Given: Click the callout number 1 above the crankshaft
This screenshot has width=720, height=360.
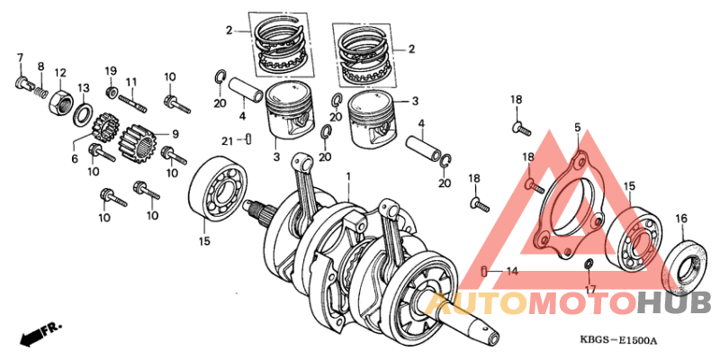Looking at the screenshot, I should pos(348,176).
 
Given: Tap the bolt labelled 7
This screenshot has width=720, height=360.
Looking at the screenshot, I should pos(21,84).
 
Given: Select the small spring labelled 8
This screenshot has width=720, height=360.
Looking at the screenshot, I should pos(40,89).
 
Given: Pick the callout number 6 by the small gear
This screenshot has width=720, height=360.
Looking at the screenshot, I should pos(75,158).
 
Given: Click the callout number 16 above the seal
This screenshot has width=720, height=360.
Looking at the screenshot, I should pos(681,219).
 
